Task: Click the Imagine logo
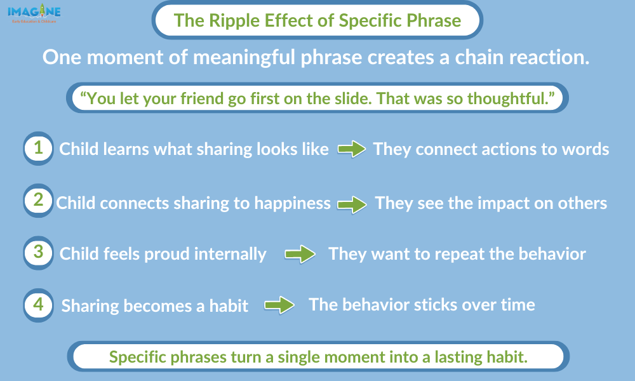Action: coord(34,13)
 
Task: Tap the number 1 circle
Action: coord(39,148)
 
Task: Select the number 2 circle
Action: coord(39,201)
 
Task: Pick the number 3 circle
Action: coord(39,253)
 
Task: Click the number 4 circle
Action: coord(39,305)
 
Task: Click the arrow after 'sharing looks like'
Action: coord(352,149)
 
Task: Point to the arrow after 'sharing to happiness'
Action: coord(352,204)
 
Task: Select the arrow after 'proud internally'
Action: coord(300,255)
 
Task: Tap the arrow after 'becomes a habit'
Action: coord(279,305)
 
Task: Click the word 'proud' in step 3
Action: coord(167,255)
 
